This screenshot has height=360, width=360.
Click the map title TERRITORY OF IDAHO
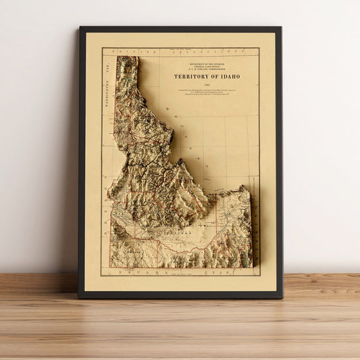point(207,76)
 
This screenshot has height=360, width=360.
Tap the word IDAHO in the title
point(228,76)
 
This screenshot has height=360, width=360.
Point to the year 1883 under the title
point(207,83)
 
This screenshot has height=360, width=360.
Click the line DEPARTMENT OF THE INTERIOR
point(207,61)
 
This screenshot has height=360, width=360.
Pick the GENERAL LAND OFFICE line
point(207,64)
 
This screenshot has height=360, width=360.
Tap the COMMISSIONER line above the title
point(207,68)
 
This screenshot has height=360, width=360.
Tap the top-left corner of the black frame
point(80,28)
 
